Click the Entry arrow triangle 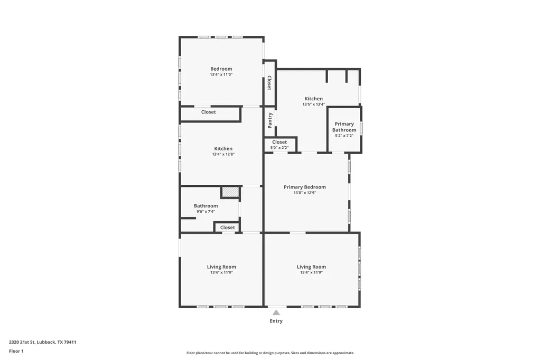coord(276,312)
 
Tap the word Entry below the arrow coord(276,321)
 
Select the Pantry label coord(270,120)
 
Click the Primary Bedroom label coord(305,187)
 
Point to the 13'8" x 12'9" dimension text coord(305,193)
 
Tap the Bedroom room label coord(221,69)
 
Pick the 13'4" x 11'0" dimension coord(221,74)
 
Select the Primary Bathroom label coord(344,127)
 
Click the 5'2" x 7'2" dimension coord(344,136)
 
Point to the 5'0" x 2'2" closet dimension coord(279,148)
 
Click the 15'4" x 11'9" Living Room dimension coord(311,272)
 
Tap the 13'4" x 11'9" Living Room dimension coord(221,272)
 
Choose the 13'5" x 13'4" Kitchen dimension coord(314,104)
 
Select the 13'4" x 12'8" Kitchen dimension coord(223,155)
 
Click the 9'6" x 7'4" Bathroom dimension coord(206,211)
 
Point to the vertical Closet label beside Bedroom coord(269,83)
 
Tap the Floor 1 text coord(16,352)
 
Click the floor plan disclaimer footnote coord(270,353)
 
